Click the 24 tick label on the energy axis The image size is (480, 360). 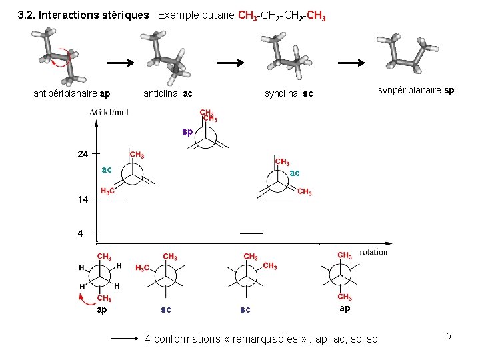pos(82,154)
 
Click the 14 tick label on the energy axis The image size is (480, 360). pos(82,199)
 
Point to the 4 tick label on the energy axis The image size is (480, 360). pos(80,234)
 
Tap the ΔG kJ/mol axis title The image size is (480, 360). pos(109,113)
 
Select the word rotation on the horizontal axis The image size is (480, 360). pos(373,252)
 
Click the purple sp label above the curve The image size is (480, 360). pos(187,132)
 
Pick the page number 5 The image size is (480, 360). pos(449,336)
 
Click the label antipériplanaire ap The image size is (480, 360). pos(72,94)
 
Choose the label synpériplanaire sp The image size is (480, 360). pos(416,90)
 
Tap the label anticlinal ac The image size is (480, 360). pos(168,94)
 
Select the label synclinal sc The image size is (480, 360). pos(289,94)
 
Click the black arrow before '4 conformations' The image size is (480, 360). pos(124,339)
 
